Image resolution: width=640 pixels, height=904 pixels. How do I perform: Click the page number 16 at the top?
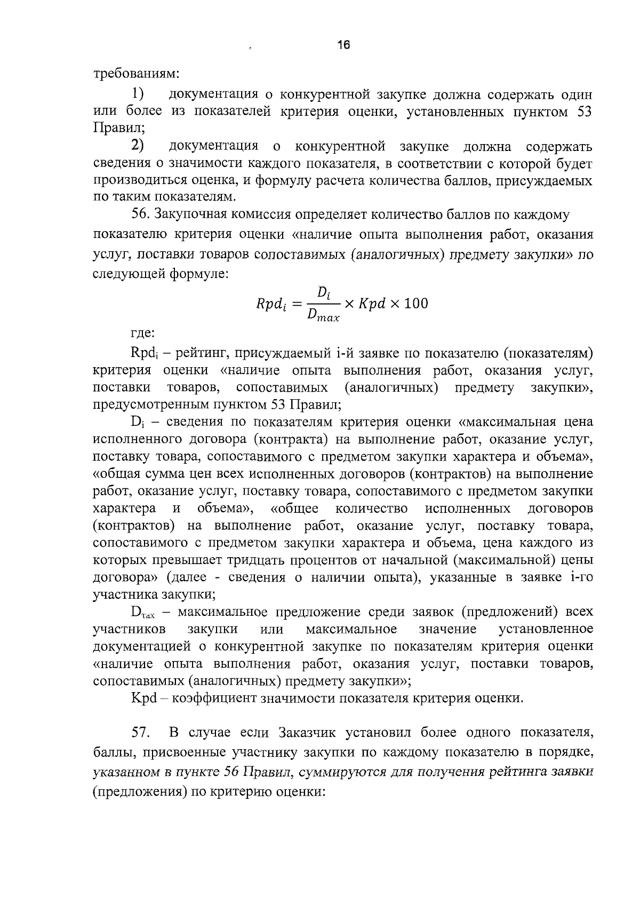tap(343, 45)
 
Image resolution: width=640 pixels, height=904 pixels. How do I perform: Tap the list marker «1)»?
tap(138, 94)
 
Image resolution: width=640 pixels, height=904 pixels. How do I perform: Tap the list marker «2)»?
tap(138, 146)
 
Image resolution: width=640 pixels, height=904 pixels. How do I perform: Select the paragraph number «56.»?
tap(142, 215)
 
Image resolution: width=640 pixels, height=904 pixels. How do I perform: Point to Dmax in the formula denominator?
tap(323, 316)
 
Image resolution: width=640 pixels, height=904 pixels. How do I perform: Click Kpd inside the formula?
tap(372, 304)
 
